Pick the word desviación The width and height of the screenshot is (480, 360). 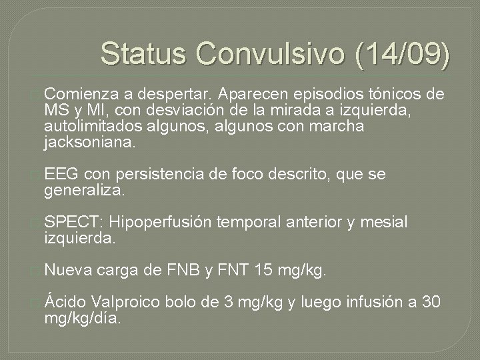pos(173,109)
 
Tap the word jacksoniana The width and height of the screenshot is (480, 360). pos(89,142)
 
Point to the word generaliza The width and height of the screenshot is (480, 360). pos(83,191)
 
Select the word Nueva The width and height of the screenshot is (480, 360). pos(68,271)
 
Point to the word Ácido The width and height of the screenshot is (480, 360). pos(67,302)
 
